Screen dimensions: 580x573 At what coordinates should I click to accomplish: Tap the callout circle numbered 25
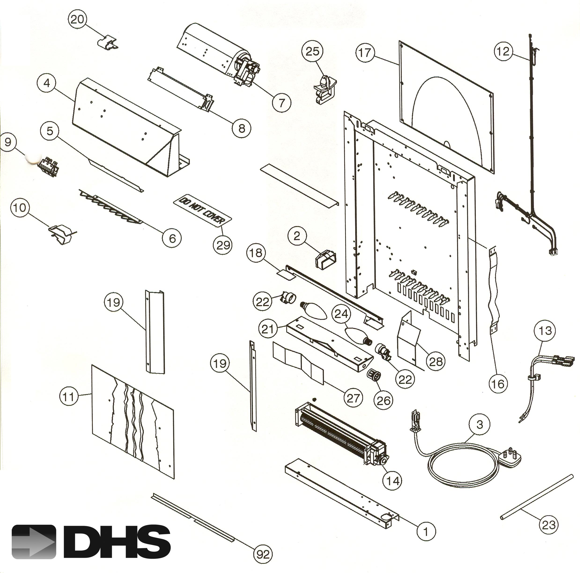point(313,51)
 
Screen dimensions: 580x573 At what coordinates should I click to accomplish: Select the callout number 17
point(365,53)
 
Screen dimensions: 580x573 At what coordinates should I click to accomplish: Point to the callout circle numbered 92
point(263,554)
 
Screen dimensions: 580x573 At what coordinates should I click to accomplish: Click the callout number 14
point(393,481)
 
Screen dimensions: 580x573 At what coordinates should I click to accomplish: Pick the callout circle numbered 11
point(69,397)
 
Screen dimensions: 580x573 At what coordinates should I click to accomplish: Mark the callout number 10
point(20,207)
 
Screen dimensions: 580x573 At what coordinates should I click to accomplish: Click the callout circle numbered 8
point(241,129)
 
